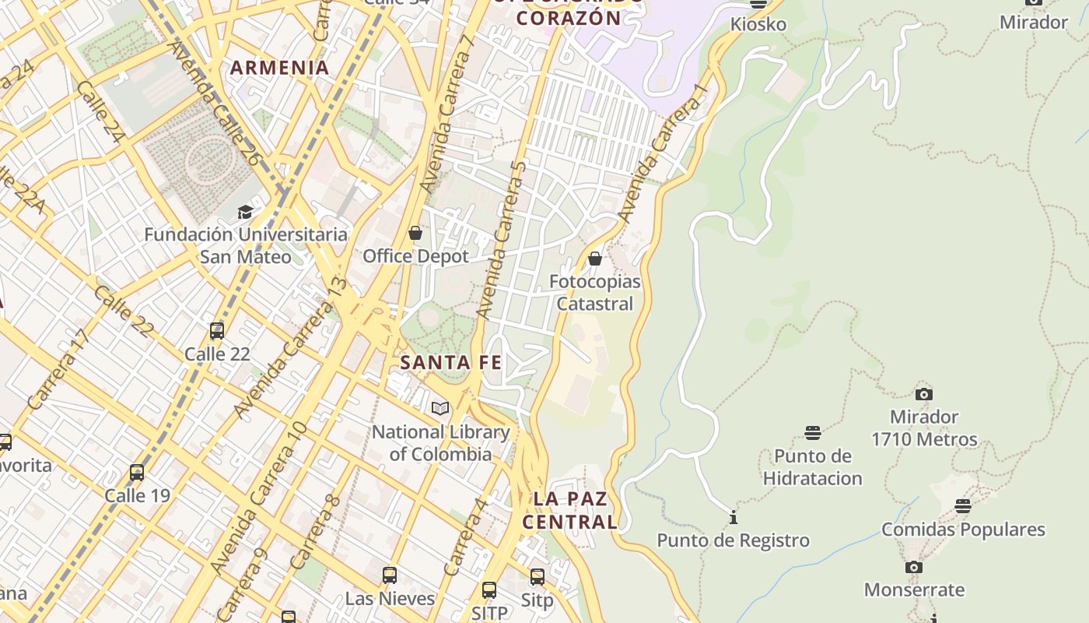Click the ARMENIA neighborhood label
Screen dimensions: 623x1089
click(280, 68)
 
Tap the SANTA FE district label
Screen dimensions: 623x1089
click(450, 363)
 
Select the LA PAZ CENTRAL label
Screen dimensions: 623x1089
click(570, 510)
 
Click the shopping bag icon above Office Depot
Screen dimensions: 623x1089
click(415, 233)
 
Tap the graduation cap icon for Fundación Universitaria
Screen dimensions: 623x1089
click(246, 212)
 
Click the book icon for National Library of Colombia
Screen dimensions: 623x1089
click(440, 408)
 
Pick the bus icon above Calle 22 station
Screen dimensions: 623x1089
click(217, 331)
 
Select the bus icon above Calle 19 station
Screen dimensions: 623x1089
click(137, 473)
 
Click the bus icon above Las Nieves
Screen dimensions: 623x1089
click(390, 575)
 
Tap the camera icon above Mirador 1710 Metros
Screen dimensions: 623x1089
click(924, 394)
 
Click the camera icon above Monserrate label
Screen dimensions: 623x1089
click(914, 567)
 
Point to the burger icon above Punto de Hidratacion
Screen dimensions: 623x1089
click(813, 433)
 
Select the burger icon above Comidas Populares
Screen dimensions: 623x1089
click(963, 506)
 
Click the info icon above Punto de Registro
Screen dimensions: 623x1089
click(733, 517)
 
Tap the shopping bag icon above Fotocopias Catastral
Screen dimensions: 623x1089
click(595, 259)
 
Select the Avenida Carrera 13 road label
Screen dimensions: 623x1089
click(289, 347)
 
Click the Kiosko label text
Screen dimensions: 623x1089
click(758, 24)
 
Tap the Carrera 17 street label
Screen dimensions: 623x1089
click(58, 369)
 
